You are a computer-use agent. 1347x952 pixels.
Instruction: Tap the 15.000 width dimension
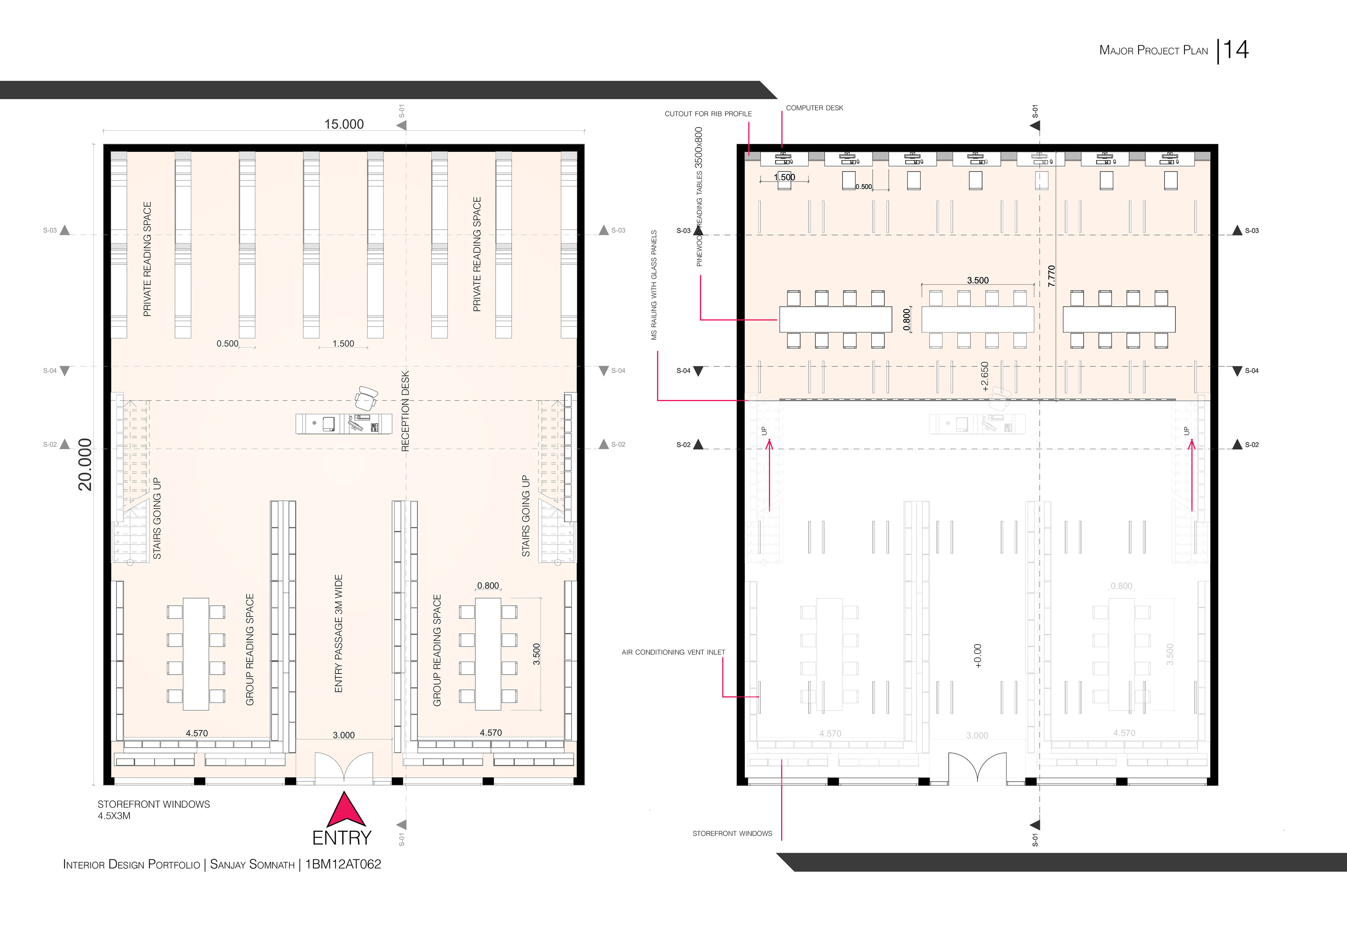pos(344,124)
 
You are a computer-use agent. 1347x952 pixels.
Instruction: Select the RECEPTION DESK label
pos(405,411)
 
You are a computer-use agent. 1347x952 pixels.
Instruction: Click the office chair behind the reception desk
pos(367,399)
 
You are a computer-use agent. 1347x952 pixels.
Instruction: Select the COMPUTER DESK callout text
pos(814,108)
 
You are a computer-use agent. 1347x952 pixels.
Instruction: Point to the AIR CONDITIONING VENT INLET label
pos(673,652)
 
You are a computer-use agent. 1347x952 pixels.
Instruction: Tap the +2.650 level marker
pos(984,377)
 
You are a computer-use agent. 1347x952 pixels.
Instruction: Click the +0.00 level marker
pos(977,656)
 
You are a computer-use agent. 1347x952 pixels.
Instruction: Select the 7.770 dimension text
pos(1051,276)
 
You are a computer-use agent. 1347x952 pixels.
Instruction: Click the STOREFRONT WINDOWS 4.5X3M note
pos(153,810)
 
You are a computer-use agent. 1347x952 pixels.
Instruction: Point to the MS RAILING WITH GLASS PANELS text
pos(654,285)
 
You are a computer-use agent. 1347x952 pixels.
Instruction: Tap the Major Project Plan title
pos(1153,50)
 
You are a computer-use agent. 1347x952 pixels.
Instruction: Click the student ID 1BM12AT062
pos(343,864)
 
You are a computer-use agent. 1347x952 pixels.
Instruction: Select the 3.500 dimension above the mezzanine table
pos(977,281)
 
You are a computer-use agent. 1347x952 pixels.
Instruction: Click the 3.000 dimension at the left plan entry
pos(344,735)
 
